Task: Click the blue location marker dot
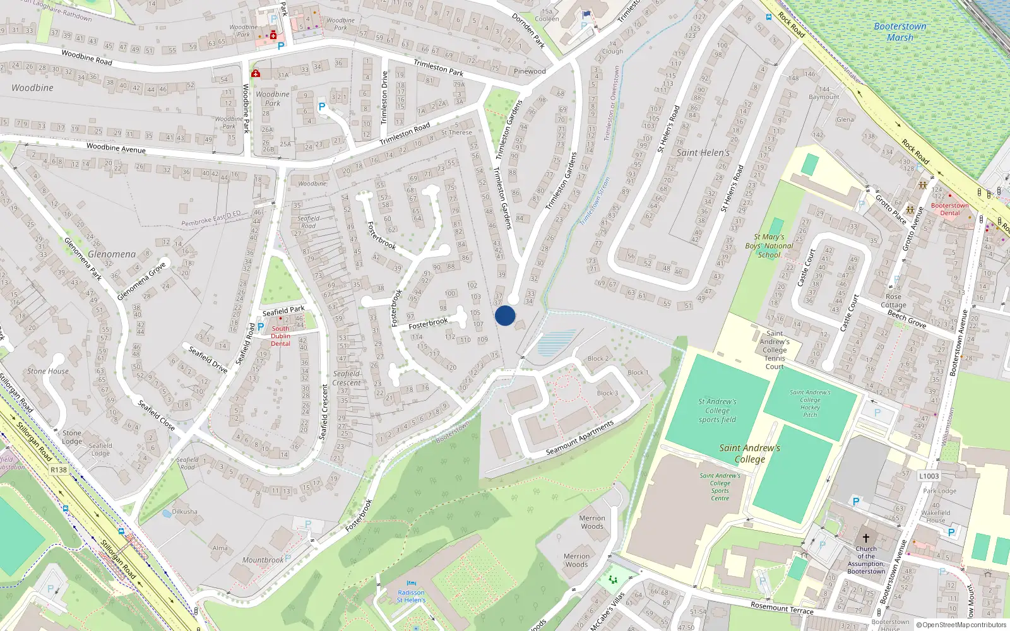pos(505,315)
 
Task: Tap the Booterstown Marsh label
pos(900,32)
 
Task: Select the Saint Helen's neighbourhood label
pos(703,153)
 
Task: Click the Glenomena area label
pos(112,254)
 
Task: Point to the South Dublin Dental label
pos(280,336)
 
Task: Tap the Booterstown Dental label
pos(949,209)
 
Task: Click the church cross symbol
pos(866,538)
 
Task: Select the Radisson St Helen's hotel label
pos(411,596)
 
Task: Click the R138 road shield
pos(59,470)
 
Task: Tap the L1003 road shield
pos(929,476)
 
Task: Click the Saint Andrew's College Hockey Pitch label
pos(810,403)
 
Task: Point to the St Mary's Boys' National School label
pos(769,246)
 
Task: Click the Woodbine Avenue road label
pos(116,148)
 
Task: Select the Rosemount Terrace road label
pos(782,607)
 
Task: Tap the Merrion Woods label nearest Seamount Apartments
pos(592,522)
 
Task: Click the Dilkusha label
pos(185,512)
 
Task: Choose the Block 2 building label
pos(598,358)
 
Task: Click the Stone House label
pos(48,371)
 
